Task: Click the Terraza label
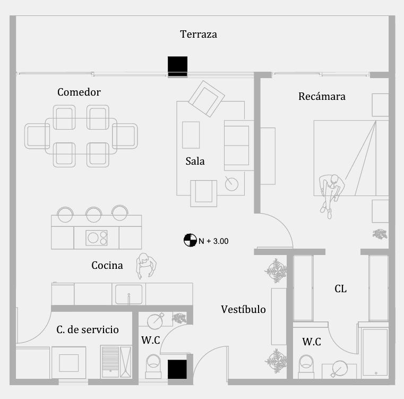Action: pos(199,35)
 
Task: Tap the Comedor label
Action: pos(79,92)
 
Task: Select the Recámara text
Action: pos(322,97)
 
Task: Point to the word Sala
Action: pos(195,161)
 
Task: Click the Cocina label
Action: pos(107,265)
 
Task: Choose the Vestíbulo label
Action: pos(243,309)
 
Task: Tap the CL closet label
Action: pos(340,289)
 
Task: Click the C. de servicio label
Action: pos(88,330)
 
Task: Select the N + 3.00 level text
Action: pos(213,241)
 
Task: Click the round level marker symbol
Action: pos(190,240)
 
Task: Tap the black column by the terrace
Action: pos(177,66)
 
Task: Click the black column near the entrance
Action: pos(177,370)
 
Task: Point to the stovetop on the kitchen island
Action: pos(97,237)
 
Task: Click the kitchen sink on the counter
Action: pos(128,294)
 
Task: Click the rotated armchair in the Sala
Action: pos(207,98)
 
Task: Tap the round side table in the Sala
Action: pos(231,184)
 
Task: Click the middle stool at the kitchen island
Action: pos(94,214)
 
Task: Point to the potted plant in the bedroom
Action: pos(380,234)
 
